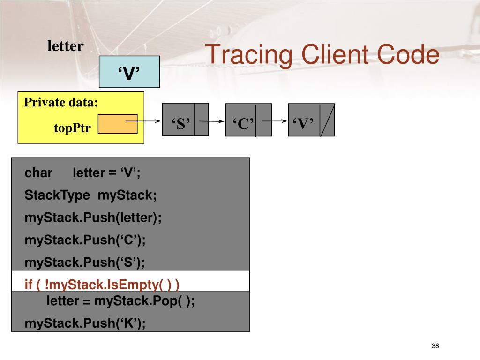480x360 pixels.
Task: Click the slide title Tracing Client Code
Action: (x=323, y=55)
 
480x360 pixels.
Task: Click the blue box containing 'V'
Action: (x=129, y=72)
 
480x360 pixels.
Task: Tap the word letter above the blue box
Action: (x=65, y=46)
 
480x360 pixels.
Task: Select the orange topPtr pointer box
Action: (x=118, y=124)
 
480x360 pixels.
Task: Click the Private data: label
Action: (x=61, y=102)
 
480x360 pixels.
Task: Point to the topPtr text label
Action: (x=72, y=128)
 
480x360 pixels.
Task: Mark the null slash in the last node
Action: (x=327, y=120)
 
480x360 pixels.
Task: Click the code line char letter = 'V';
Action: (x=82, y=173)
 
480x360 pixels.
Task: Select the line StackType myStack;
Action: (x=90, y=195)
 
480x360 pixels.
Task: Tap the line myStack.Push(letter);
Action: (x=93, y=218)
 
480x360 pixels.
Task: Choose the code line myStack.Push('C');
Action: (x=85, y=240)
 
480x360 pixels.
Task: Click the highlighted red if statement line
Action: (x=102, y=285)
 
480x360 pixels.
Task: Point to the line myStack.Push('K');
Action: (x=85, y=323)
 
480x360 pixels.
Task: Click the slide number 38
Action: (x=435, y=346)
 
